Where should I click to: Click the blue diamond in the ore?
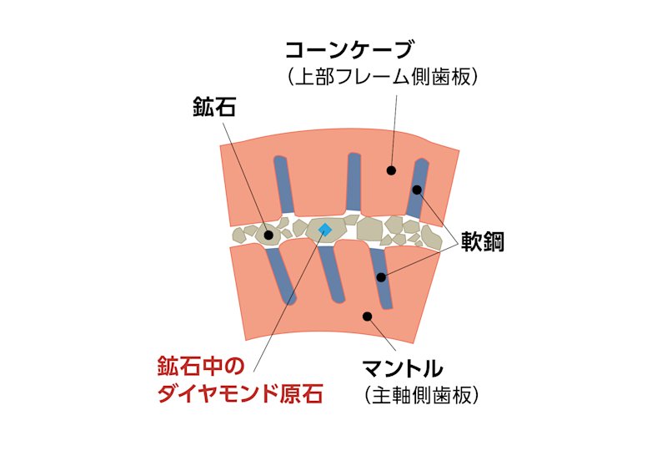pos(325,229)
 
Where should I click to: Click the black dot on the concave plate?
pos(389,170)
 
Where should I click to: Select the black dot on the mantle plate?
pos(365,316)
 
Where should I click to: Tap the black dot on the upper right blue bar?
pos(417,190)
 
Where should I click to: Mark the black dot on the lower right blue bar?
pos(380,276)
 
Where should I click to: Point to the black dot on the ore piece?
pos(269,236)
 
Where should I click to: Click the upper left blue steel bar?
pos(284,184)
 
